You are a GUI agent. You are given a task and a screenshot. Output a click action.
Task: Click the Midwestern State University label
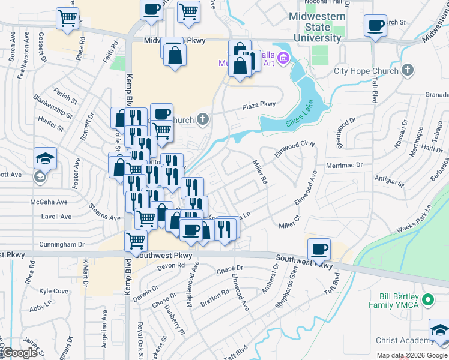(318, 27)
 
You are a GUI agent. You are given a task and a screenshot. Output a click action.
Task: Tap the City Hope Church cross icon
(408, 71)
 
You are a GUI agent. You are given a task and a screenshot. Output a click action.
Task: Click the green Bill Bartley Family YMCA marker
(428, 299)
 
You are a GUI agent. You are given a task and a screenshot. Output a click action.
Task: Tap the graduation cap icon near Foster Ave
(46, 158)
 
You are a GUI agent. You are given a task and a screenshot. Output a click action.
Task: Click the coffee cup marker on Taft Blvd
(376, 26)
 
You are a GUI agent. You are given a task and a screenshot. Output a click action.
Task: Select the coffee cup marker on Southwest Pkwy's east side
(319, 248)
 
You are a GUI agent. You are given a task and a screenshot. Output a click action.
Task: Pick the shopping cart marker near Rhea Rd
(67, 17)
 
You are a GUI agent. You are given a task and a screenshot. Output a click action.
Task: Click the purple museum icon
(283, 59)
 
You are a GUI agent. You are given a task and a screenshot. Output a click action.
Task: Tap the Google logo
(20, 353)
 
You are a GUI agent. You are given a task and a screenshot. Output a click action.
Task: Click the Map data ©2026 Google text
(411, 355)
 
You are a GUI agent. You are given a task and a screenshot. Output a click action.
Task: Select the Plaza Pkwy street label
(259, 105)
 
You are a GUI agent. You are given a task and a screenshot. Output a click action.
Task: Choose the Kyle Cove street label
(53, 291)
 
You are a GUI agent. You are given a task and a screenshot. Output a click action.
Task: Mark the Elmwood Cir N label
(295, 146)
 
